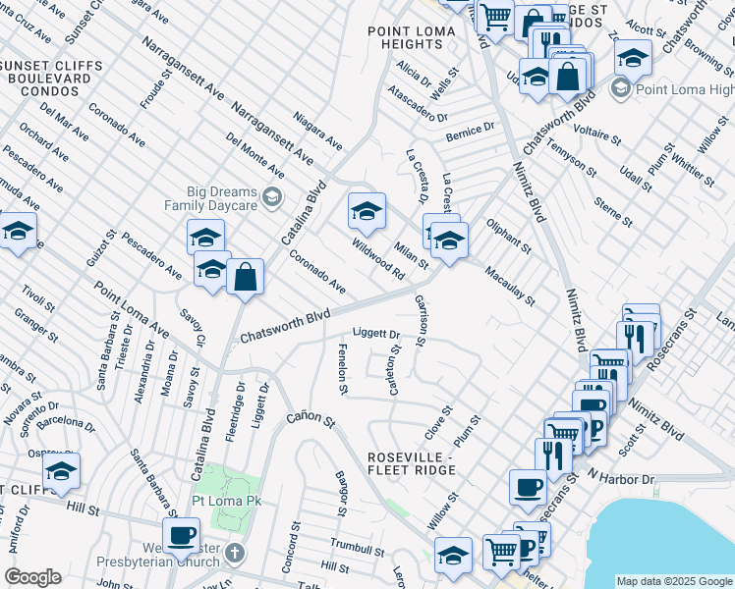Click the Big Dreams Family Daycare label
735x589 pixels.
click(x=223, y=198)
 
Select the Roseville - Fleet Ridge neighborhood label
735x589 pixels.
click(x=411, y=463)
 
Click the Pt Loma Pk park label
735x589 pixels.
click(x=226, y=500)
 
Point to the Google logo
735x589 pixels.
click(x=32, y=577)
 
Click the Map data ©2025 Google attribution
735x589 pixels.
click(x=673, y=581)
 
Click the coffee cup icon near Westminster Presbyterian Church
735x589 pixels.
click(x=180, y=535)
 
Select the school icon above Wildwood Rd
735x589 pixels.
click(x=367, y=210)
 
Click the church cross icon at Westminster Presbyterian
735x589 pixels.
click(x=234, y=553)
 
